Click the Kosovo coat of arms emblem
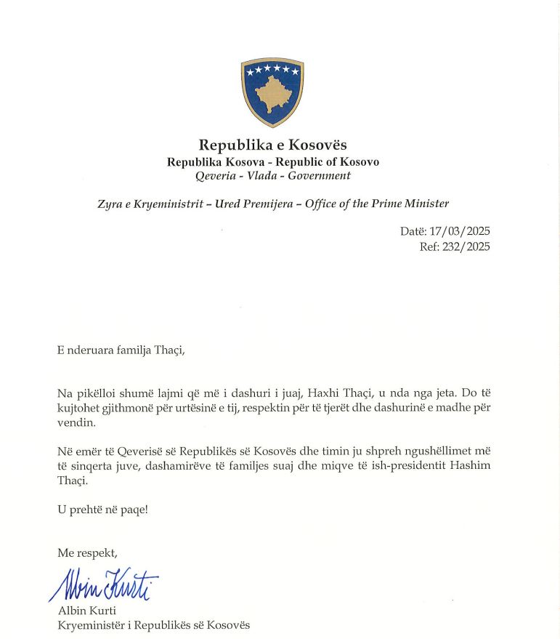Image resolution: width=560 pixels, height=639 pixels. tap(272, 92)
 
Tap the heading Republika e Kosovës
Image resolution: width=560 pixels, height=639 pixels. tap(272, 145)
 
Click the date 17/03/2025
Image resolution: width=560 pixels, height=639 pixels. tap(459, 231)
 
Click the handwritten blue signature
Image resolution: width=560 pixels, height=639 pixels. tap(104, 583)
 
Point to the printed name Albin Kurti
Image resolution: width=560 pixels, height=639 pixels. tap(86, 610)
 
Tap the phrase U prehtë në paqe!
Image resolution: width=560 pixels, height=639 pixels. tap(102, 510)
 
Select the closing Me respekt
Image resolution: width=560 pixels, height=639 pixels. tap(86, 553)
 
